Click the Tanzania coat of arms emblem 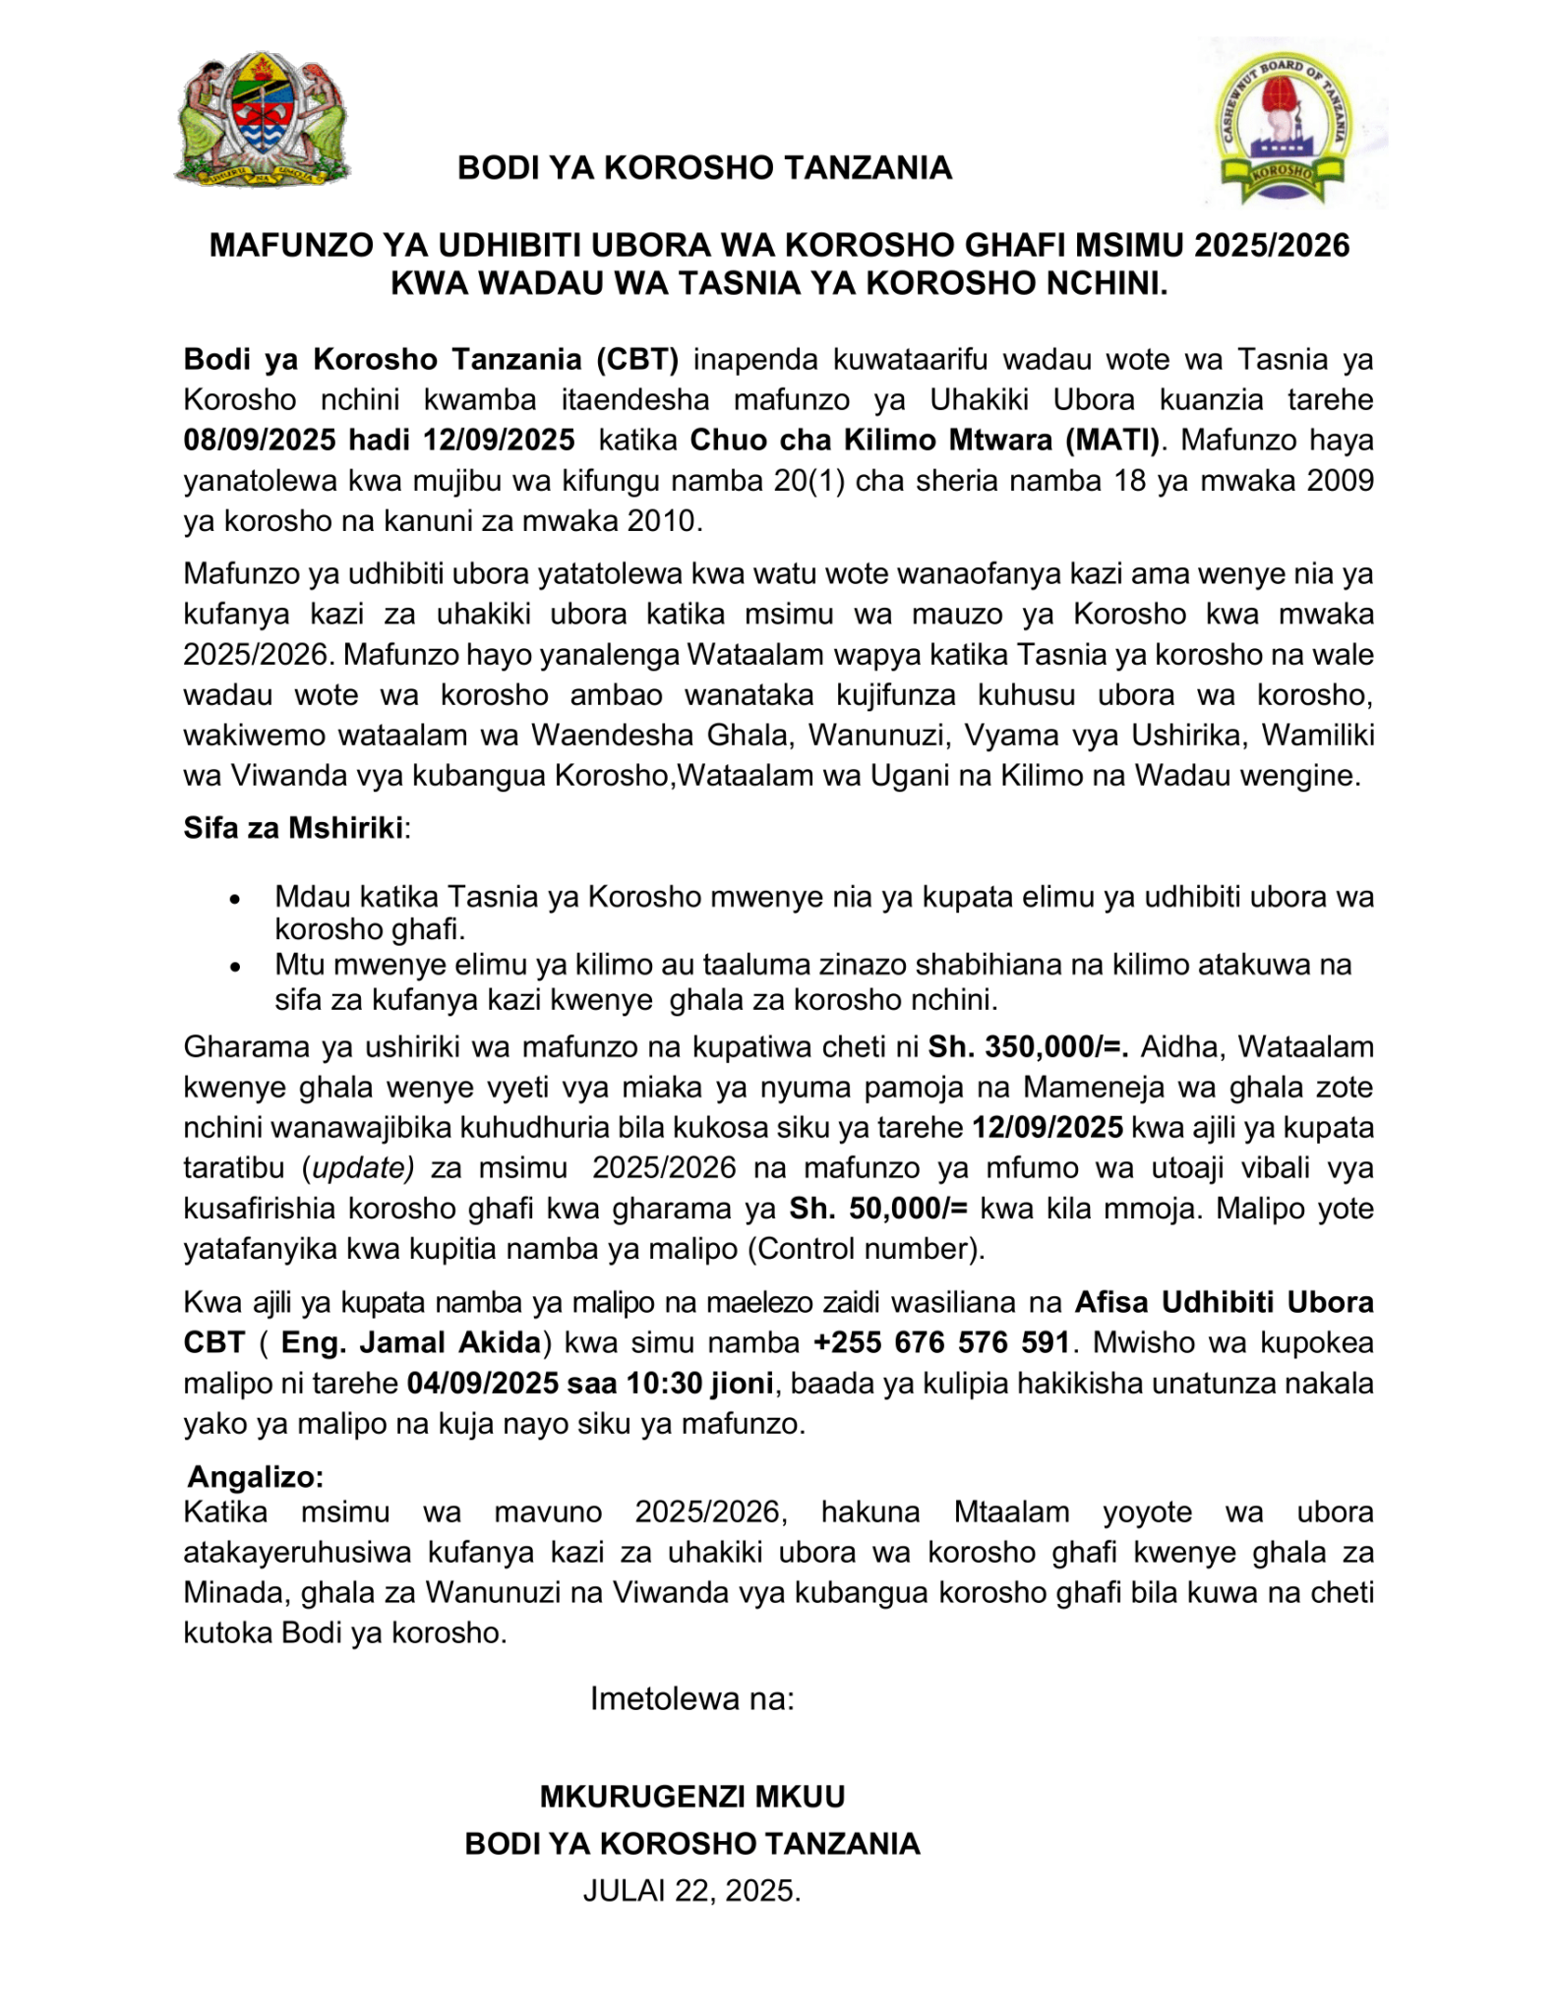[261, 120]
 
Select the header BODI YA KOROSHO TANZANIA [704, 168]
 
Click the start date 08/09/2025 [260, 440]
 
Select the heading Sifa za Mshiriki [293, 828]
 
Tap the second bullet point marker [234, 968]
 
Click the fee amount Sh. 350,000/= [1029, 1046]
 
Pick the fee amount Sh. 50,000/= [879, 1208]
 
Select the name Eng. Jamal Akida [410, 1342]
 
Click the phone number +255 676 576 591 [941, 1342]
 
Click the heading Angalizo [255, 1476]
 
